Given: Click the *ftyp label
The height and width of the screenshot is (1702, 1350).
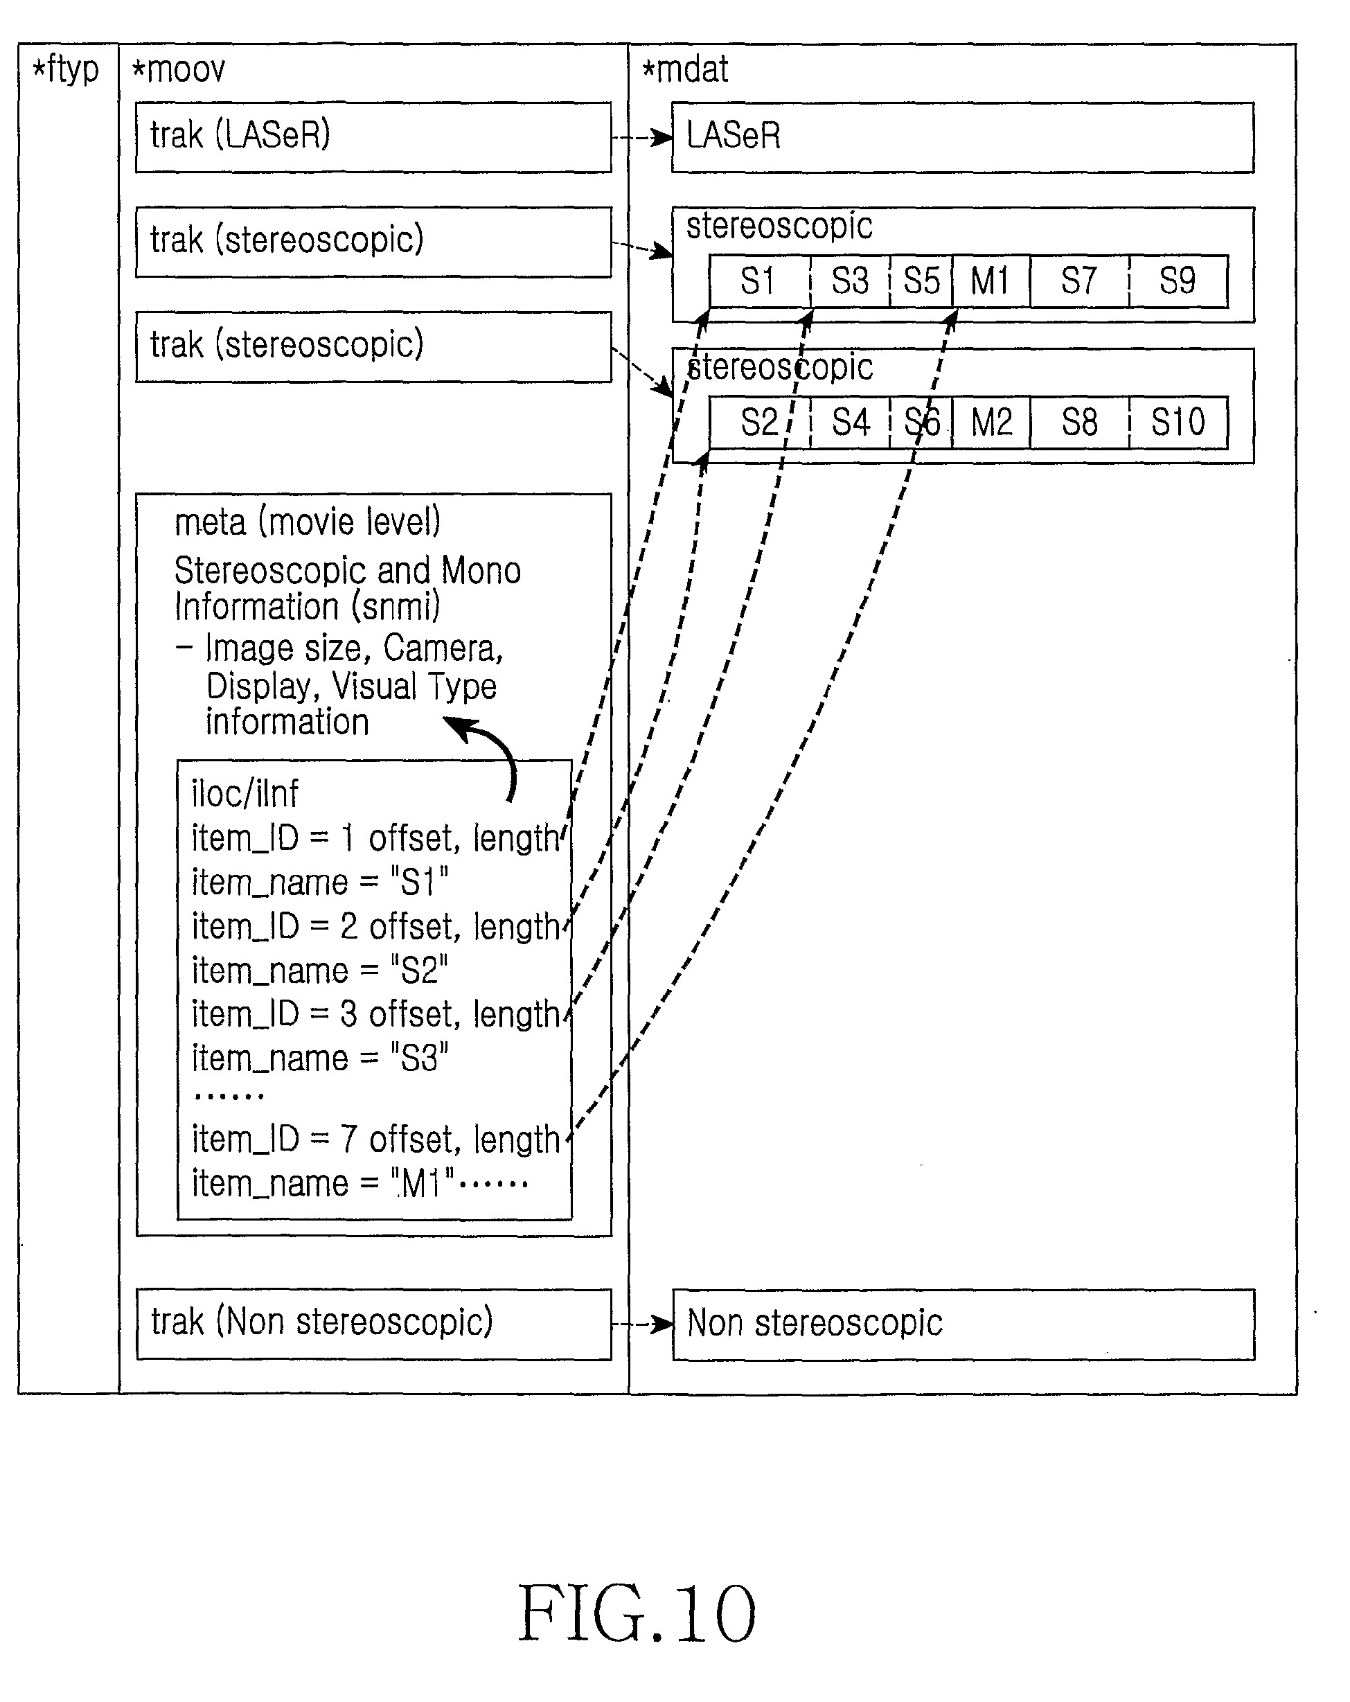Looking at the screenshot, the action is (x=66, y=69).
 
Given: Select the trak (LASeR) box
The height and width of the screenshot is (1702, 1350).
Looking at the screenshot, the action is (x=373, y=137).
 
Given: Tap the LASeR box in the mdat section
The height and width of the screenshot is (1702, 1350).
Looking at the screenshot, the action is (x=962, y=137).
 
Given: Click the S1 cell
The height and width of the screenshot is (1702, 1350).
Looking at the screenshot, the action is (x=759, y=281).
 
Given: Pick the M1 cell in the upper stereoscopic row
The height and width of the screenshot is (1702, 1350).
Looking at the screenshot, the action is (x=991, y=281).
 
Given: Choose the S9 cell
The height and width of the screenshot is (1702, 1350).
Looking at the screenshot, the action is (x=1179, y=281).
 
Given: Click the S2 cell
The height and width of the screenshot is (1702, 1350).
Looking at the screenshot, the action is (x=759, y=423).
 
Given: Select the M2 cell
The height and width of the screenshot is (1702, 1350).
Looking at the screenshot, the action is (x=991, y=423).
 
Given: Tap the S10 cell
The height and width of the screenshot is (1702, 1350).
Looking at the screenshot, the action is (x=1179, y=423).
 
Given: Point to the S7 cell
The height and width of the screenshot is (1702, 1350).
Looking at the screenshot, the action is (x=1080, y=281).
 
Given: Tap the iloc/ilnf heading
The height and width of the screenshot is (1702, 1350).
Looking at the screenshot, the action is (x=245, y=793).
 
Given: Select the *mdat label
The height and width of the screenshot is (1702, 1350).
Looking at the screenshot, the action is (x=684, y=69).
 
